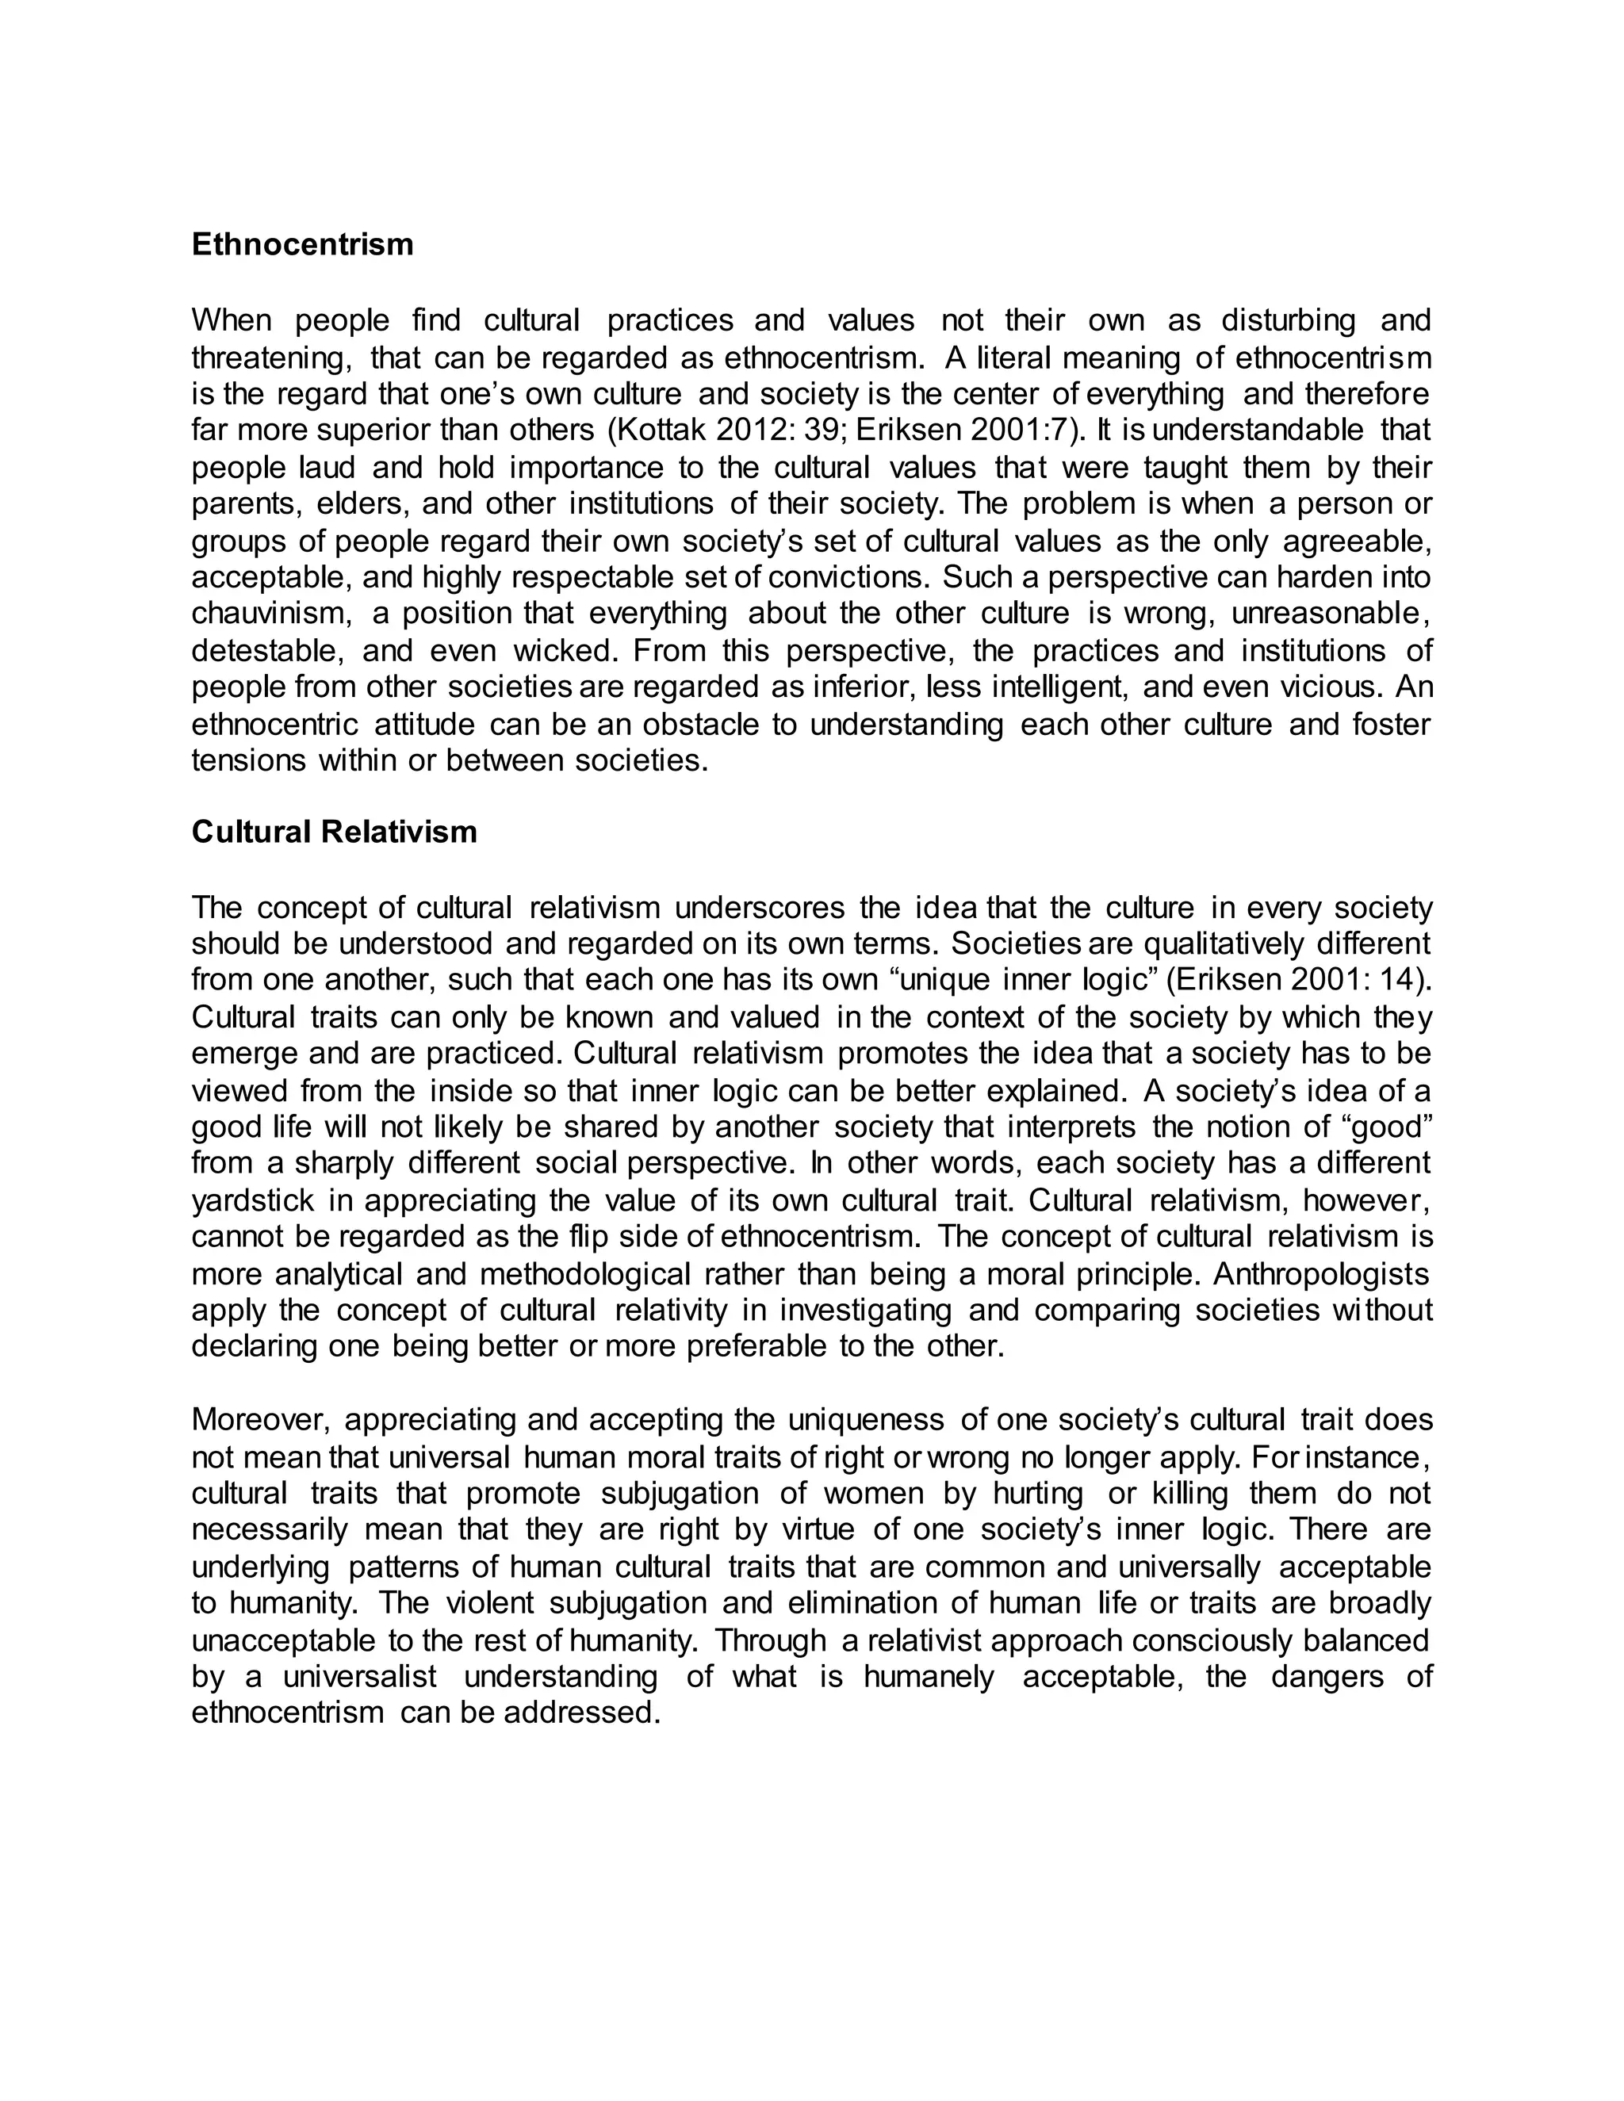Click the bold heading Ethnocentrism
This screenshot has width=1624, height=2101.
tap(302, 244)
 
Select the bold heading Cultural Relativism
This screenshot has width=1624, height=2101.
tap(334, 831)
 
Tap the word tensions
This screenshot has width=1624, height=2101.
tap(247, 761)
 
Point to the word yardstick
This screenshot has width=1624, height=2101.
tap(253, 1200)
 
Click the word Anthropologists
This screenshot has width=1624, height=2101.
tap(1322, 1274)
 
